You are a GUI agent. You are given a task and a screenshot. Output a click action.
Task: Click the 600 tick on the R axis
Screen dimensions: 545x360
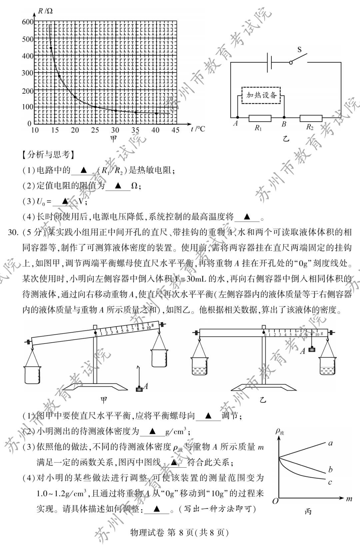coord(28,22)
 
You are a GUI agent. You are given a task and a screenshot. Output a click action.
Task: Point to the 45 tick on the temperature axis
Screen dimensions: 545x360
coord(175,130)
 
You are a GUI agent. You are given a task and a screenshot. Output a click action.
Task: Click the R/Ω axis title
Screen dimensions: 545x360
coord(45,11)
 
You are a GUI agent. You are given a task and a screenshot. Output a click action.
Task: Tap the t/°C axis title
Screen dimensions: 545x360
coord(198,129)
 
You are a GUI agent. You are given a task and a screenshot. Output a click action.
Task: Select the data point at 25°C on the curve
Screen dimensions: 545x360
coord(95,107)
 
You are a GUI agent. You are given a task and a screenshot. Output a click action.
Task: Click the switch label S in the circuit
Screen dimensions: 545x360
coord(299,50)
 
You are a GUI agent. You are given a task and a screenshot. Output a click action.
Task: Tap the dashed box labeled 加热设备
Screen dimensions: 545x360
coord(261,95)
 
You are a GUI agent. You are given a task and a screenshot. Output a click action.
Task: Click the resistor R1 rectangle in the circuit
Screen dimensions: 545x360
coord(260,118)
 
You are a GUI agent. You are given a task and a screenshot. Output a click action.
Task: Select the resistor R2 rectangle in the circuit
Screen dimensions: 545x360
coord(311,118)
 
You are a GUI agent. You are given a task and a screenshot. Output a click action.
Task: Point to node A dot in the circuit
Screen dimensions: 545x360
coord(237,118)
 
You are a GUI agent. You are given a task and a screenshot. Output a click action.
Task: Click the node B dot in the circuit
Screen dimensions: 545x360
coord(284,118)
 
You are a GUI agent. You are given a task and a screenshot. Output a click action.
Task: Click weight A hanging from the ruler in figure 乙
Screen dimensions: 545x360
coord(312,349)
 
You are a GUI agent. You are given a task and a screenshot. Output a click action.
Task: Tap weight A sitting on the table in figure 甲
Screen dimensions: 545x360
coord(139,389)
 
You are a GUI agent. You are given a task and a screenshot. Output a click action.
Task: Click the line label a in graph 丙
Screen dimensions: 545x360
coord(330,443)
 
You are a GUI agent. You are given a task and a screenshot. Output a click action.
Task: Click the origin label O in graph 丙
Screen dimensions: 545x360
coord(275,501)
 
